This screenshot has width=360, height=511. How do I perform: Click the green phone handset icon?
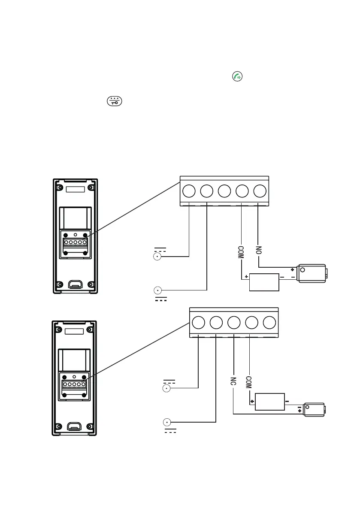(x=237, y=77)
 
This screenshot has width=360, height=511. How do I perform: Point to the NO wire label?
(x=258, y=250)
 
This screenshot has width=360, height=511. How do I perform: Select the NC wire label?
(x=233, y=382)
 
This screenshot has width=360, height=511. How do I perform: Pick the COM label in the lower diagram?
(x=249, y=382)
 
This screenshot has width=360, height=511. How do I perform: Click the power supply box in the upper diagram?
(x=264, y=282)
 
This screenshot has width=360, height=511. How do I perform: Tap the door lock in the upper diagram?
(x=314, y=274)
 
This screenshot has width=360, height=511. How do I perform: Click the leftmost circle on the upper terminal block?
(x=189, y=191)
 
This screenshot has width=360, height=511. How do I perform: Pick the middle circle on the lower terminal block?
(x=233, y=323)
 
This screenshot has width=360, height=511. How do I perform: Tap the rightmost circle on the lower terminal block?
(x=269, y=323)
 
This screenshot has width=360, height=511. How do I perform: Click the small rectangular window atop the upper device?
(x=75, y=189)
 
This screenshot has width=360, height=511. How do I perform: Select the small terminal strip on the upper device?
(x=75, y=242)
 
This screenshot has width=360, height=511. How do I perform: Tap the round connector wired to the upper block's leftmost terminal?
(x=157, y=257)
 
